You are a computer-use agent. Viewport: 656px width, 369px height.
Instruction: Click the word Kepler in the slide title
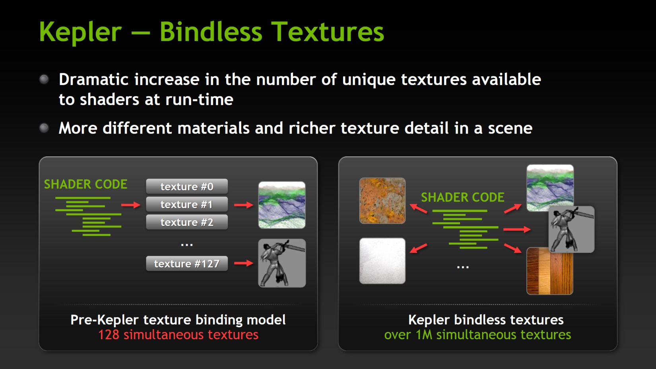(80, 32)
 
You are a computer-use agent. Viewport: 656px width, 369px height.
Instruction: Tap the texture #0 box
(187, 186)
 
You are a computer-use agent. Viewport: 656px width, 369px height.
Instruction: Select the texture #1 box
(187, 204)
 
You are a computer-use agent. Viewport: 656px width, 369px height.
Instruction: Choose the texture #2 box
(187, 222)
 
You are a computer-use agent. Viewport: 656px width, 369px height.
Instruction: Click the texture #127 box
(187, 264)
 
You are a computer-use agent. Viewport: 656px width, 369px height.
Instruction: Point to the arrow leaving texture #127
(244, 263)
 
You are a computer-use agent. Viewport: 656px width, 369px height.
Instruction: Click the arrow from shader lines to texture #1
(131, 205)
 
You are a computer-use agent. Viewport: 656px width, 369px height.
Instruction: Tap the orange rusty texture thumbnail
(382, 201)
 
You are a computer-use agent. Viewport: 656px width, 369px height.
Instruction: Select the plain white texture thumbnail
(382, 260)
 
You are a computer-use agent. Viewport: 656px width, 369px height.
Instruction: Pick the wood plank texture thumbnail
(550, 271)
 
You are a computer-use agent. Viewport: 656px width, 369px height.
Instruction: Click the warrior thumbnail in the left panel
(282, 263)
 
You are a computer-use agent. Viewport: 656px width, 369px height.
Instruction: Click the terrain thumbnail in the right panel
(550, 187)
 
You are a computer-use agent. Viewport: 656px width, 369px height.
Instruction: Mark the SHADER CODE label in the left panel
(85, 184)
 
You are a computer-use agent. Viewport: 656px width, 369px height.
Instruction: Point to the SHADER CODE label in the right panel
(463, 197)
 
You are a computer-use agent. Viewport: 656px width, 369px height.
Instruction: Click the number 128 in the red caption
(109, 335)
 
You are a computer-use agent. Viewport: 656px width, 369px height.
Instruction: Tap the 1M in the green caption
(424, 335)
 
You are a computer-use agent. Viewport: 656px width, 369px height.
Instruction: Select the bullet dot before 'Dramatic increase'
(44, 79)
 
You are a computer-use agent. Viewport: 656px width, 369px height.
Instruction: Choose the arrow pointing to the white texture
(418, 249)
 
